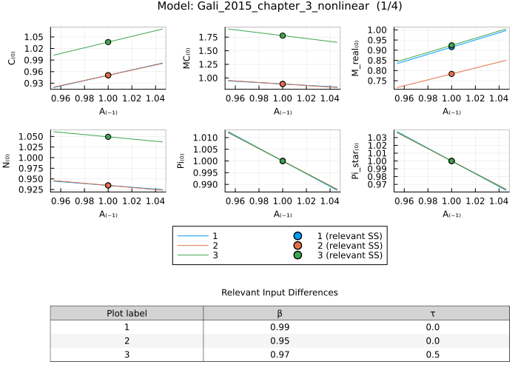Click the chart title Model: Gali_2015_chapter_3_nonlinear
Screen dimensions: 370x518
pos(259,7)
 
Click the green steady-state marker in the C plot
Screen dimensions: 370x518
pos(108,42)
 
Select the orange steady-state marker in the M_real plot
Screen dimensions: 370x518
pos(452,73)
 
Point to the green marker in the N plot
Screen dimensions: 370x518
pos(108,137)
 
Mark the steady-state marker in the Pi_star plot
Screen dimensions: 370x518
pos(452,161)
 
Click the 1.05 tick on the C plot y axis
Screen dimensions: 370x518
pos(33,36)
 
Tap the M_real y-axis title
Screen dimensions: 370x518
pos(356,58)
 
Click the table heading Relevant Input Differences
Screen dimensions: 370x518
pos(280,293)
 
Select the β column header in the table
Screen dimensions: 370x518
pos(280,313)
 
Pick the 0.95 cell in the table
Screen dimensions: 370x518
pos(280,340)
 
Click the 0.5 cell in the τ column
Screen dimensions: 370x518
pos(433,354)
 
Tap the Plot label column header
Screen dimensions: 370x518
pos(127,313)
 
